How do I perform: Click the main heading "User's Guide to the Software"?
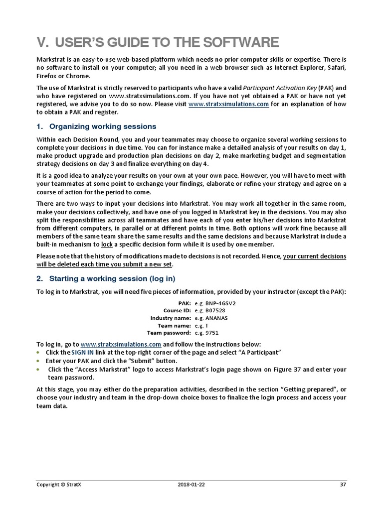158,41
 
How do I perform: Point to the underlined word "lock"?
107,245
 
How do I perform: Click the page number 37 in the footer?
343,484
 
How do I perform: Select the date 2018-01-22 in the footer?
191,484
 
